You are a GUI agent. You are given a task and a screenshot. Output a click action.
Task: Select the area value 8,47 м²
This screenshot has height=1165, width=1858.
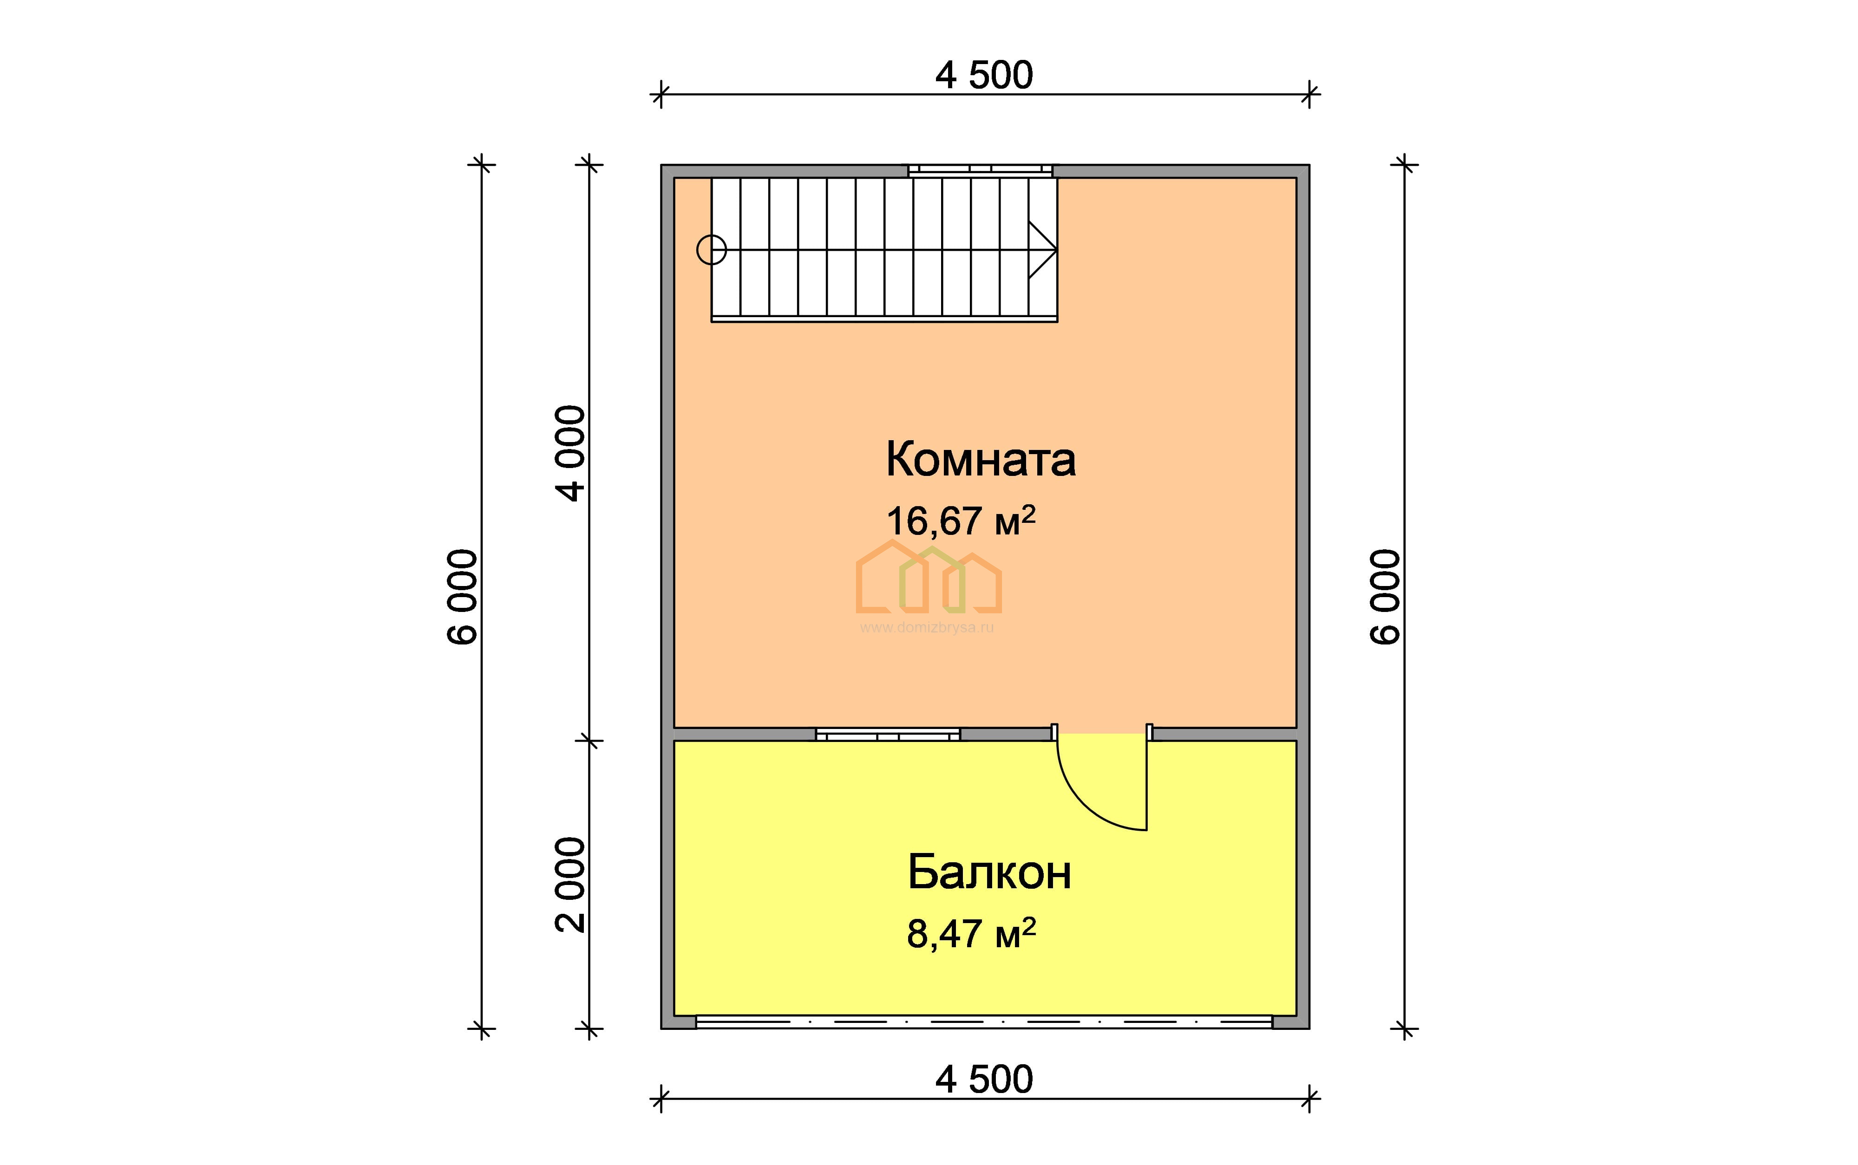(971, 934)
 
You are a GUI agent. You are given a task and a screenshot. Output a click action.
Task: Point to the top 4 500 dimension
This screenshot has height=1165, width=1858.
(984, 76)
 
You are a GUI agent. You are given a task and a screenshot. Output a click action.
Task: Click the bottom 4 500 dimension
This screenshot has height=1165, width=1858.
(984, 1080)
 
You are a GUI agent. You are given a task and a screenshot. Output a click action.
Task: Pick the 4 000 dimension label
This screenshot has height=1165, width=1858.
(571, 454)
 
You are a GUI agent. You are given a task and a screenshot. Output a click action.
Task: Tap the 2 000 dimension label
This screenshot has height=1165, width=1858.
(571, 885)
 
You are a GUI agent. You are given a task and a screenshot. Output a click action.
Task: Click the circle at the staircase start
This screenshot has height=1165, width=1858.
(711, 250)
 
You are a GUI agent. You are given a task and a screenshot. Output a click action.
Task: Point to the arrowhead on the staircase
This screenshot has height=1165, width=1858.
(1043, 250)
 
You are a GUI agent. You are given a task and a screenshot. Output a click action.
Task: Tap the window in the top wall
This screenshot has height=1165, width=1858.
(980, 170)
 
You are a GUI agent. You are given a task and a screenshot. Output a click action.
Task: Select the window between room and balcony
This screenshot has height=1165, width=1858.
(888, 734)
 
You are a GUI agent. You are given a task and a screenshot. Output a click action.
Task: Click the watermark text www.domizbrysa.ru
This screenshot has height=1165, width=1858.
(927, 628)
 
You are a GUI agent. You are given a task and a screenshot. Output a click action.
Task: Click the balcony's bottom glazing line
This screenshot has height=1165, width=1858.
(984, 1022)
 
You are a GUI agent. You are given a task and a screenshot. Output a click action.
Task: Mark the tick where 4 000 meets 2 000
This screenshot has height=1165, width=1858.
(589, 741)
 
